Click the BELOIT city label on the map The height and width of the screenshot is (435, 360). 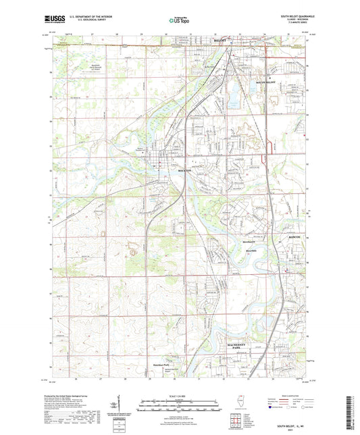point(219,41)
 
